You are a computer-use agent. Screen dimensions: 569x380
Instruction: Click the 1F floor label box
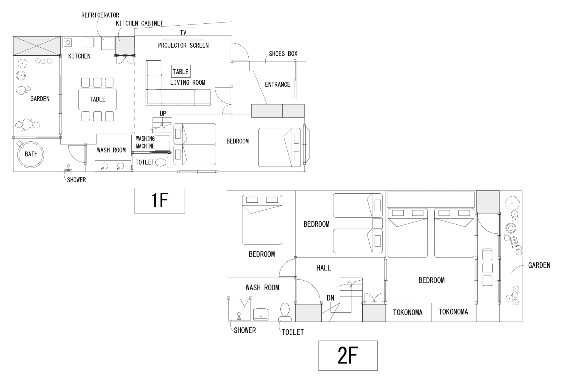pyautogui.click(x=159, y=200)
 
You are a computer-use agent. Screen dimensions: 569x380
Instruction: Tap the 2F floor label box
pyautogui.click(x=348, y=356)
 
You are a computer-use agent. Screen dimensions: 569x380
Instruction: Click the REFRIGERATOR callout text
pyautogui.click(x=100, y=15)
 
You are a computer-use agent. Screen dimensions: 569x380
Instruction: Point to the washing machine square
pyautogui.click(x=162, y=143)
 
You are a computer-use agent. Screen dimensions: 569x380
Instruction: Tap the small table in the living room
pyautogui.click(x=181, y=72)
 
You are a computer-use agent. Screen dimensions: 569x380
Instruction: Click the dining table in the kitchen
pyautogui.click(x=98, y=99)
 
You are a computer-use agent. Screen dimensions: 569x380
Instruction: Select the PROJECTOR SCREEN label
pyautogui.click(x=183, y=45)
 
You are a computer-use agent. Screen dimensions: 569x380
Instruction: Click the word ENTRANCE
pyautogui.click(x=278, y=85)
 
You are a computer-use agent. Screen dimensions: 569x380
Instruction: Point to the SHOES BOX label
pyautogui.click(x=283, y=54)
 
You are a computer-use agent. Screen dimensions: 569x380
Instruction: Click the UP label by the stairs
pyautogui.click(x=163, y=114)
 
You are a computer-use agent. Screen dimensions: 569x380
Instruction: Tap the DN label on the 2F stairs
pyautogui.click(x=330, y=298)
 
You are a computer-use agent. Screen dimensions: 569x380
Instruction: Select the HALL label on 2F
pyautogui.click(x=324, y=268)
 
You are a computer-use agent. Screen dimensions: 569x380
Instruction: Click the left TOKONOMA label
pyautogui.click(x=408, y=312)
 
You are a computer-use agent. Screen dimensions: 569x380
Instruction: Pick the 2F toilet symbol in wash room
pyautogui.click(x=285, y=312)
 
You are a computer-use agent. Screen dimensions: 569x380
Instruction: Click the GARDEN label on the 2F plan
pyautogui.click(x=539, y=265)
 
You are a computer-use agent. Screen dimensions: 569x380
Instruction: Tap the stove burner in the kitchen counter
pyautogui.click(x=68, y=43)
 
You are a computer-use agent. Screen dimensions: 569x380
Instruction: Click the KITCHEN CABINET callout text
pyautogui.click(x=139, y=23)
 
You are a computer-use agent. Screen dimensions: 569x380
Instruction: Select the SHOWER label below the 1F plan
pyautogui.click(x=76, y=180)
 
